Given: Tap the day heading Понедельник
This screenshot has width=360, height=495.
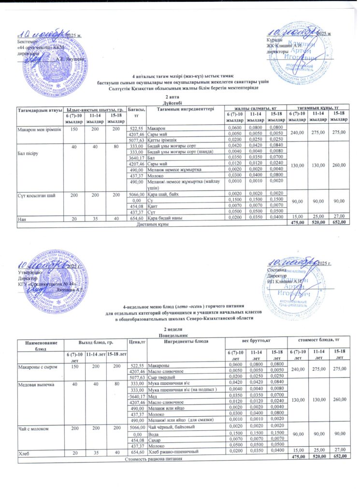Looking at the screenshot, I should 180,335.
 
